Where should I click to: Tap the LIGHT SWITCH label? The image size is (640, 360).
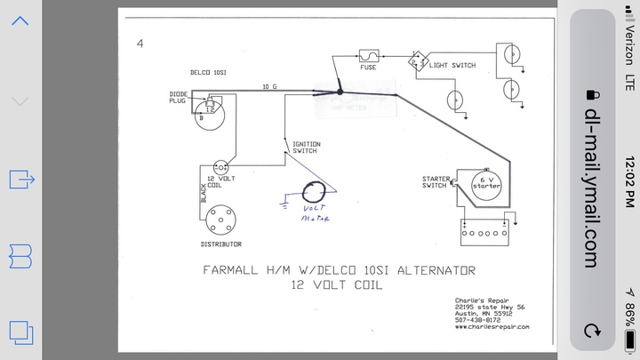click(x=452, y=65)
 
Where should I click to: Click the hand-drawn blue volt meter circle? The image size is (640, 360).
click(x=313, y=194)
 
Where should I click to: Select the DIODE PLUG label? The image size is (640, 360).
click(x=179, y=98)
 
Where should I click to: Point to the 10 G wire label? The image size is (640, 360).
click(x=270, y=86)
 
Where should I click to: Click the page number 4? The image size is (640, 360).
click(x=140, y=43)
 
